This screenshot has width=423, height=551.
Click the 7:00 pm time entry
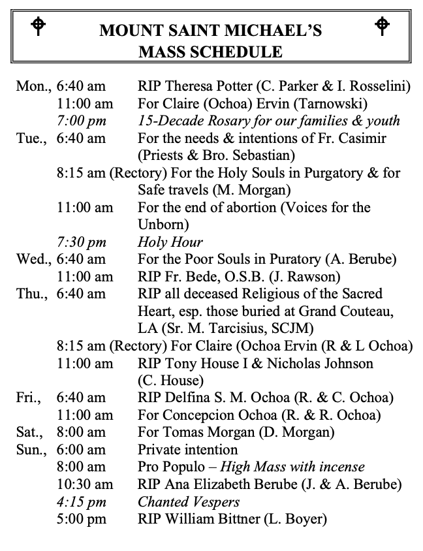click(x=81, y=121)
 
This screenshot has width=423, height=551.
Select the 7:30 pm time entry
click(x=81, y=242)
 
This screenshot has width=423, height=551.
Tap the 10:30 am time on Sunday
click(x=84, y=484)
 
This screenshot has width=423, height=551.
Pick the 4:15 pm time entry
click(x=81, y=502)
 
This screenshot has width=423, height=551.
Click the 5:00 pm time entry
click(x=81, y=520)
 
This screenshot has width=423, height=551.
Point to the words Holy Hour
click(x=170, y=242)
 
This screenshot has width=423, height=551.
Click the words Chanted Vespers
click(x=188, y=502)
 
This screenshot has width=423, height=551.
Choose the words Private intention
click(x=187, y=450)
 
